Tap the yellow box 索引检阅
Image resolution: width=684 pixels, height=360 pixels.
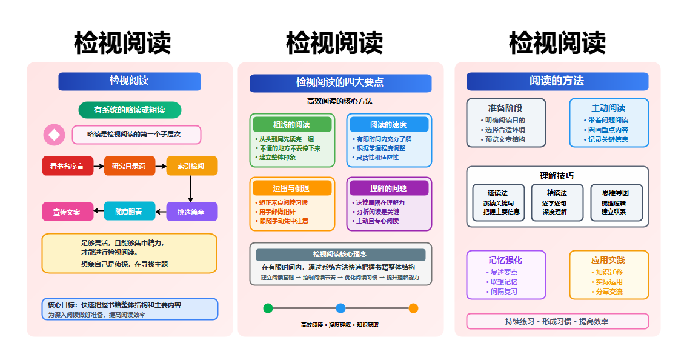(x=191, y=166)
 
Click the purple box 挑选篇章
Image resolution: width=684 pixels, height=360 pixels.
(x=191, y=212)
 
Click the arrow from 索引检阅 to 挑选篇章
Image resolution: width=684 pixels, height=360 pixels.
(x=191, y=188)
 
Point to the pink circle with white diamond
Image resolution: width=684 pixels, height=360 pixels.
(x=54, y=135)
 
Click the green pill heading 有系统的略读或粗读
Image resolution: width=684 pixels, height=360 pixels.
(x=130, y=110)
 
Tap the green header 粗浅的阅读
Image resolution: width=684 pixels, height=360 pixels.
(x=292, y=124)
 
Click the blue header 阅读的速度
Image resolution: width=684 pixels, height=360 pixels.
(x=389, y=124)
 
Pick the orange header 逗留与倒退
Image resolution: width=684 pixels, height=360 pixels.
(x=292, y=188)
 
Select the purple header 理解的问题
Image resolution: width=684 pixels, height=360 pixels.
(x=389, y=188)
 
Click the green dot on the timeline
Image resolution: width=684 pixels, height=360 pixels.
(x=268, y=308)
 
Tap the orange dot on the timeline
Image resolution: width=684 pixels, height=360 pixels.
(x=413, y=308)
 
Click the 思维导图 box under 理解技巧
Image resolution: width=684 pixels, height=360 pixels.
(x=615, y=202)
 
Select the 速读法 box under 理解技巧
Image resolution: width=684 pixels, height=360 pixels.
(x=499, y=202)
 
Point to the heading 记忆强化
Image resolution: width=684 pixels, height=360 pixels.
(x=505, y=260)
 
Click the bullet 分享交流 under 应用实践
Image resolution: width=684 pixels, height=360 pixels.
(x=609, y=292)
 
